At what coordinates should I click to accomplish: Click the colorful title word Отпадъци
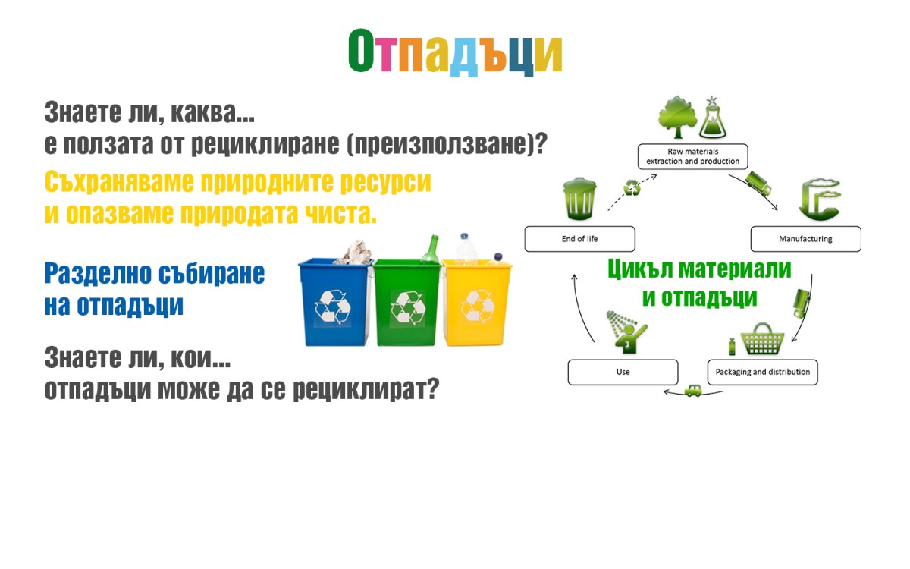click(x=455, y=52)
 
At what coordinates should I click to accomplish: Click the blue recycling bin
click(x=334, y=303)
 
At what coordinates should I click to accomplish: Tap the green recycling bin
click(x=406, y=303)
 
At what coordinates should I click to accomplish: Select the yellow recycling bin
click(x=477, y=303)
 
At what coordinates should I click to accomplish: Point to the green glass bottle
click(x=430, y=249)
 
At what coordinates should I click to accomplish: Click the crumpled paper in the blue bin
click(x=354, y=253)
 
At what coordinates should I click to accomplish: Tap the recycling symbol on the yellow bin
click(x=478, y=306)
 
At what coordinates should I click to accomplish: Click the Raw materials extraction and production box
click(x=692, y=156)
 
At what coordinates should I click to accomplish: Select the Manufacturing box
click(x=805, y=239)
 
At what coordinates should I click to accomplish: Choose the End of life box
click(x=579, y=239)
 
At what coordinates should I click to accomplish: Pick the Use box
click(x=623, y=372)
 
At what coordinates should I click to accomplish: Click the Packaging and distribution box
click(x=763, y=372)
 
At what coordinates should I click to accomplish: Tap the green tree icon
click(x=677, y=117)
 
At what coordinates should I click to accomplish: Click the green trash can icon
click(x=579, y=198)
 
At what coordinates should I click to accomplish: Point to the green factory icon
click(x=819, y=198)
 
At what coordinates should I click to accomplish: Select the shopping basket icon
click(x=762, y=339)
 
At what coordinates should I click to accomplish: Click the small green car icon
click(x=692, y=391)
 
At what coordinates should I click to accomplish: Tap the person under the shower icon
click(x=627, y=332)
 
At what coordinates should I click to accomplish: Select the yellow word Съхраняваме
click(x=119, y=181)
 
